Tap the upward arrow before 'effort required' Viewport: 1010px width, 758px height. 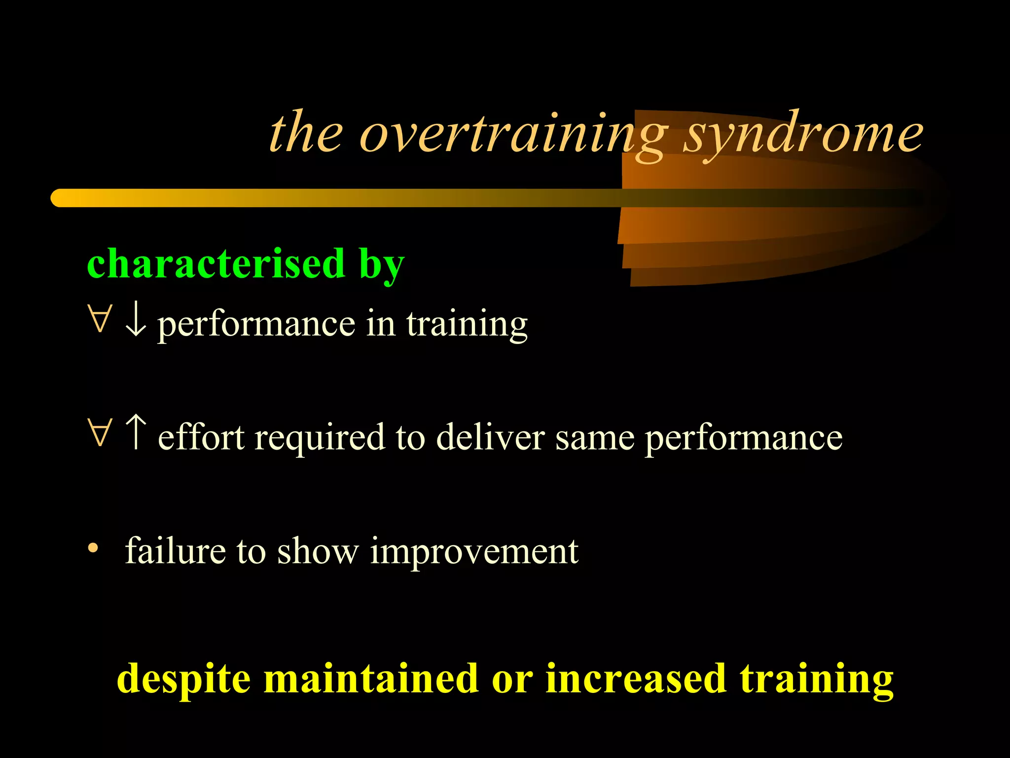point(135,432)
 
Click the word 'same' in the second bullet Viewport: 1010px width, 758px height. point(595,438)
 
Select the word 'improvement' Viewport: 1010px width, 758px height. point(474,552)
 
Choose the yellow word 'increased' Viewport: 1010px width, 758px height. point(636,679)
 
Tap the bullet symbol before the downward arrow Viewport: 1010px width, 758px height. point(100,319)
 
